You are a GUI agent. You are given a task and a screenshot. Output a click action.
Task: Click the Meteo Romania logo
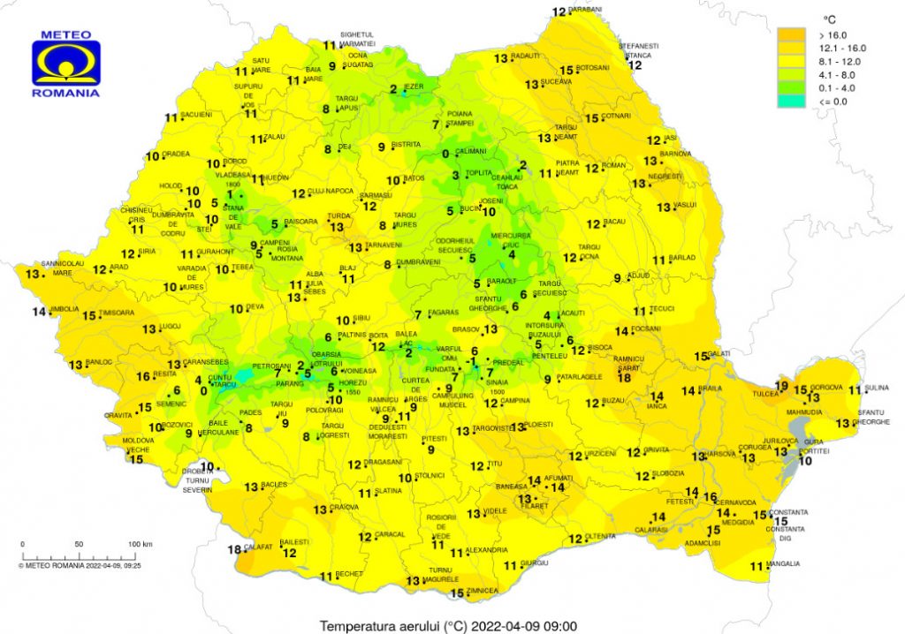66,63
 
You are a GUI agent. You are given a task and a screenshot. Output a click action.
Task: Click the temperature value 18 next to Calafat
233,550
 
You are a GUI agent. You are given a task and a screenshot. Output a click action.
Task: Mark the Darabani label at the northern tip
585,9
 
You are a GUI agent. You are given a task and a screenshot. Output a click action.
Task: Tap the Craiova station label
345,508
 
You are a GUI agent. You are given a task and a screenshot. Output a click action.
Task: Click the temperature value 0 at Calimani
445,154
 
